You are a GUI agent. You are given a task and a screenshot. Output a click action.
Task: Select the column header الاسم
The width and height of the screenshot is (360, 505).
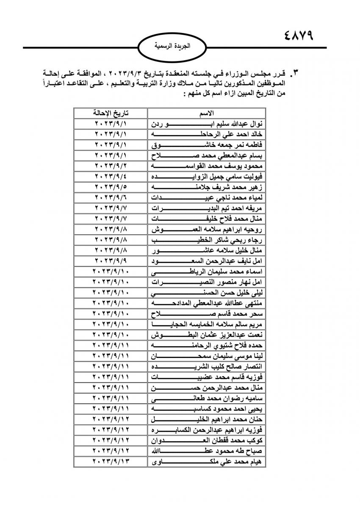(206, 113)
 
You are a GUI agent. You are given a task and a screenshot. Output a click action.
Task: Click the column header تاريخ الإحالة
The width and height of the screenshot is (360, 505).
(111, 113)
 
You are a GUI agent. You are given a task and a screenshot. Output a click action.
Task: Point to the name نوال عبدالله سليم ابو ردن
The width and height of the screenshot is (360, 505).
(207, 124)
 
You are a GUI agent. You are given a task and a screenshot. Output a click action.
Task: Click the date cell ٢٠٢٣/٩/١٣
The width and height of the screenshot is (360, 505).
(111, 462)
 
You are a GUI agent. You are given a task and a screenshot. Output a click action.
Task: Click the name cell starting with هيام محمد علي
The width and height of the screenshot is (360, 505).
(207, 462)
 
